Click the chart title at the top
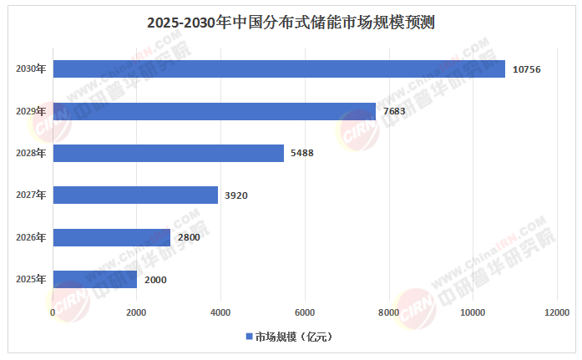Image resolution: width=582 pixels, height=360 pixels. (x=291, y=23)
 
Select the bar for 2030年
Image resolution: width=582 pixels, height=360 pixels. (x=279, y=68)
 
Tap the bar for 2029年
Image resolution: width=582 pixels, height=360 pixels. (x=215, y=111)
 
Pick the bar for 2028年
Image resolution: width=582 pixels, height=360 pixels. (x=169, y=153)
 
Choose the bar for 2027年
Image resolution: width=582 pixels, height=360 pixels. (x=135, y=195)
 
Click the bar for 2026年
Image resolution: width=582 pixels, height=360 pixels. (x=112, y=237)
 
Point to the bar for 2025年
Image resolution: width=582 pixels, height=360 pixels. (x=95, y=280)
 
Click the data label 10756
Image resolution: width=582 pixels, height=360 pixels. (x=528, y=69)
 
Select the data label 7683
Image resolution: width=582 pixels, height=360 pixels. (x=396, y=111)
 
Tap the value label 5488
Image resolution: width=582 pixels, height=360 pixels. (x=304, y=154)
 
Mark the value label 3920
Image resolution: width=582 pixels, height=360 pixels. (x=236, y=195)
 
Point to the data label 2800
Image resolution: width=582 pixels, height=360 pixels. (x=189, y=238)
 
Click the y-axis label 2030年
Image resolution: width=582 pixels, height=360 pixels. (x=31, y=69)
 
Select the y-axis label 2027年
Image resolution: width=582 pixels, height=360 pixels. (x=31, y=195)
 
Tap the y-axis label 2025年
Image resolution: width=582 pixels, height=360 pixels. (x=31, y=280)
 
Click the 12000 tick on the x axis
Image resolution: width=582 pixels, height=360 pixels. (x=557, y=312)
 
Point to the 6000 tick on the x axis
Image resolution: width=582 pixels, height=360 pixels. (x=305, y=312)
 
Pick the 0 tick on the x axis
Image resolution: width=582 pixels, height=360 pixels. (x=53, y=312)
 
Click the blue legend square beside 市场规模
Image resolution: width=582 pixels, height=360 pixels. (x=248, y=337)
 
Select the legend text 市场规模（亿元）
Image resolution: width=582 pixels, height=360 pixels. (x=295, y=337)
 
